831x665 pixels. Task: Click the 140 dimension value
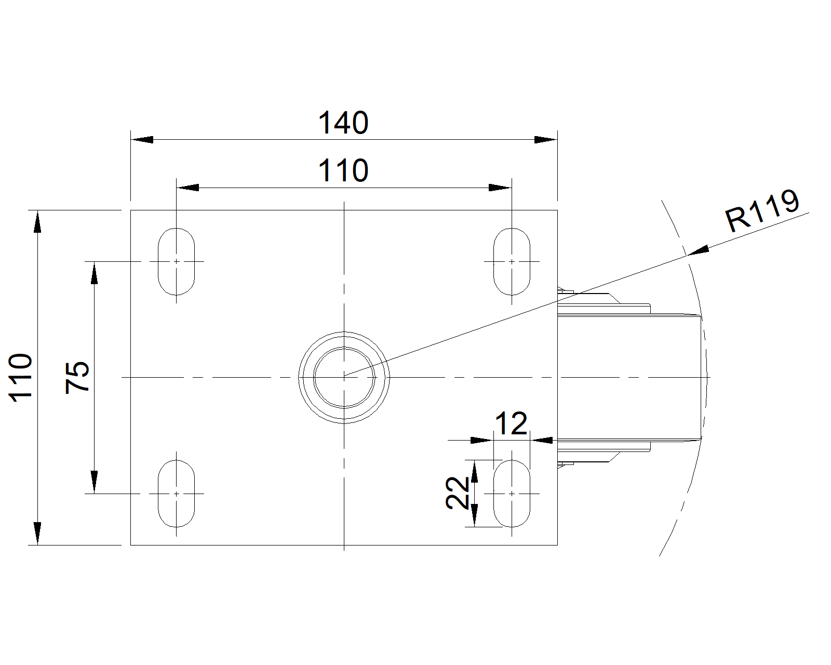[343, 123]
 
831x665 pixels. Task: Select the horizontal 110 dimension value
[343, 170]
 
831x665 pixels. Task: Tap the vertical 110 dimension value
[20, 378]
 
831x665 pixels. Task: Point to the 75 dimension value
[77, 378]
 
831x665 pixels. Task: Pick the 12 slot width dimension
[511, 423]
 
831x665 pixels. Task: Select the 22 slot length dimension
[458, 493]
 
